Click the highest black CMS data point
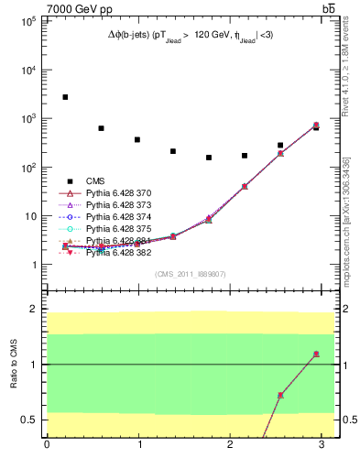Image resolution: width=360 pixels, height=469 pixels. [x=65, y=97]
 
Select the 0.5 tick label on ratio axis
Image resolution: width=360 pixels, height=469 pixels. [x=26, y=420]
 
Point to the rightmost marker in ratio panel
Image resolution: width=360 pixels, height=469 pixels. [x=316, y=354]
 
